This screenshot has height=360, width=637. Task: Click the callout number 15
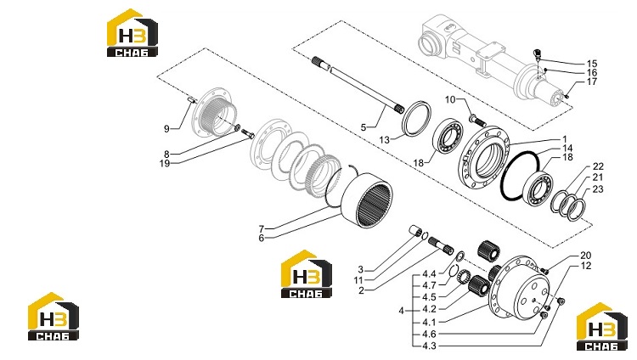pos(592,64)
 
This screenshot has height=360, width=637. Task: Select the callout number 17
pos(592,82)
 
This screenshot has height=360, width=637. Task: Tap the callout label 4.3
pos(429,346)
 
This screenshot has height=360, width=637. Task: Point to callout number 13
pos(384,140)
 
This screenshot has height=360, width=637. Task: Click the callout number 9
pos(166,129)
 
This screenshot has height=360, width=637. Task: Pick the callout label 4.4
pos(429,274)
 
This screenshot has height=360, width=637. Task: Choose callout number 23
pos(598,189)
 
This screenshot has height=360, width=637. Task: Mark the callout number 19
pos(165,164)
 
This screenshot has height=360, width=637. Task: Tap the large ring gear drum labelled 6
pos(367,200)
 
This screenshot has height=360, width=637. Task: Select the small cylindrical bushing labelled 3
pos(415,232)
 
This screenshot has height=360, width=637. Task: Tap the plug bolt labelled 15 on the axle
pos(537,53)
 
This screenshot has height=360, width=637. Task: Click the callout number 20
pos(585,256)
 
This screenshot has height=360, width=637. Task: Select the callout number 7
pos(262,228)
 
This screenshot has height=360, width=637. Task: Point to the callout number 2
pos(361,290)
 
